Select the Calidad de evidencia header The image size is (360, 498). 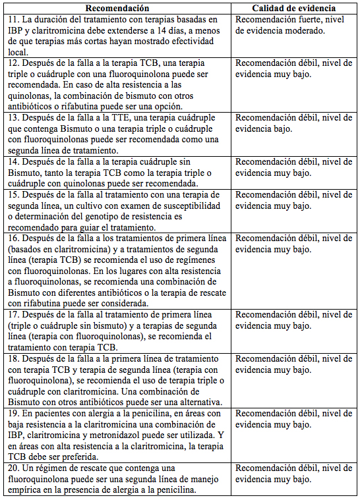(x=294, y=8)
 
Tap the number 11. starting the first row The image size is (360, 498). (x=13, y=20)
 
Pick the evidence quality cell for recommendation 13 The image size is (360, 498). (x=294, y=123)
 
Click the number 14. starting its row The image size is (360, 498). (x=13, y=162)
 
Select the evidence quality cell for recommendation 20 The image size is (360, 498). (x=294, y=474)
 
